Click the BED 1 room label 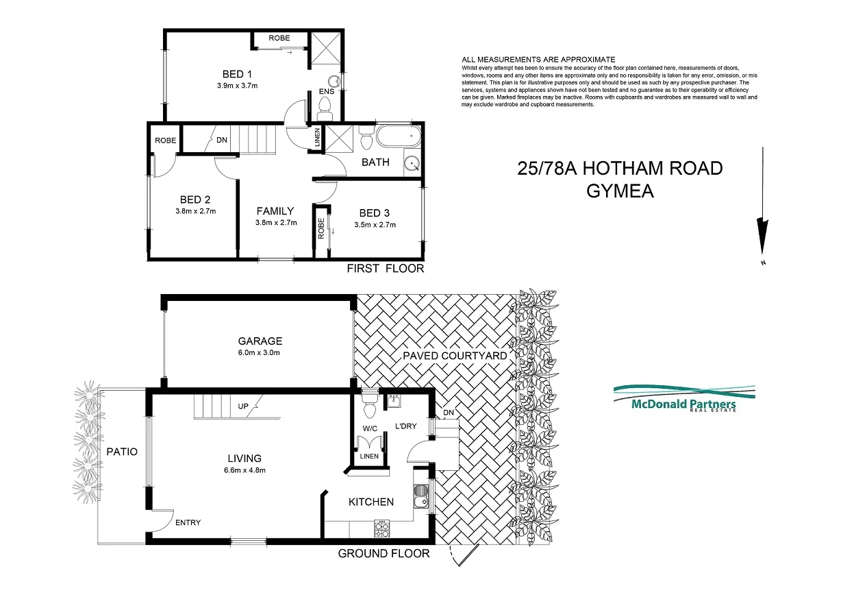pos(237,74)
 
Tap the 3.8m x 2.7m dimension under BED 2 pos(195,211)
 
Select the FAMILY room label pos(275,211)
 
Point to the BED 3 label pos(375,212)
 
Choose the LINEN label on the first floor pos(316,139)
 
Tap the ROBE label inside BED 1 pos(279,38)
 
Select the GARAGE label pos(260,341)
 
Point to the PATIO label pos(122,452)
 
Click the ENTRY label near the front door pos(188,523)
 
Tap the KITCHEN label pos(371,502)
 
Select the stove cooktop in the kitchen pos(381,528)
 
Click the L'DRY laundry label pos(407,426)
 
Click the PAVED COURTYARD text pos(455,355)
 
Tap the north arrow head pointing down pos(760,231)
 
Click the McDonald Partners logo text pos(683,404)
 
